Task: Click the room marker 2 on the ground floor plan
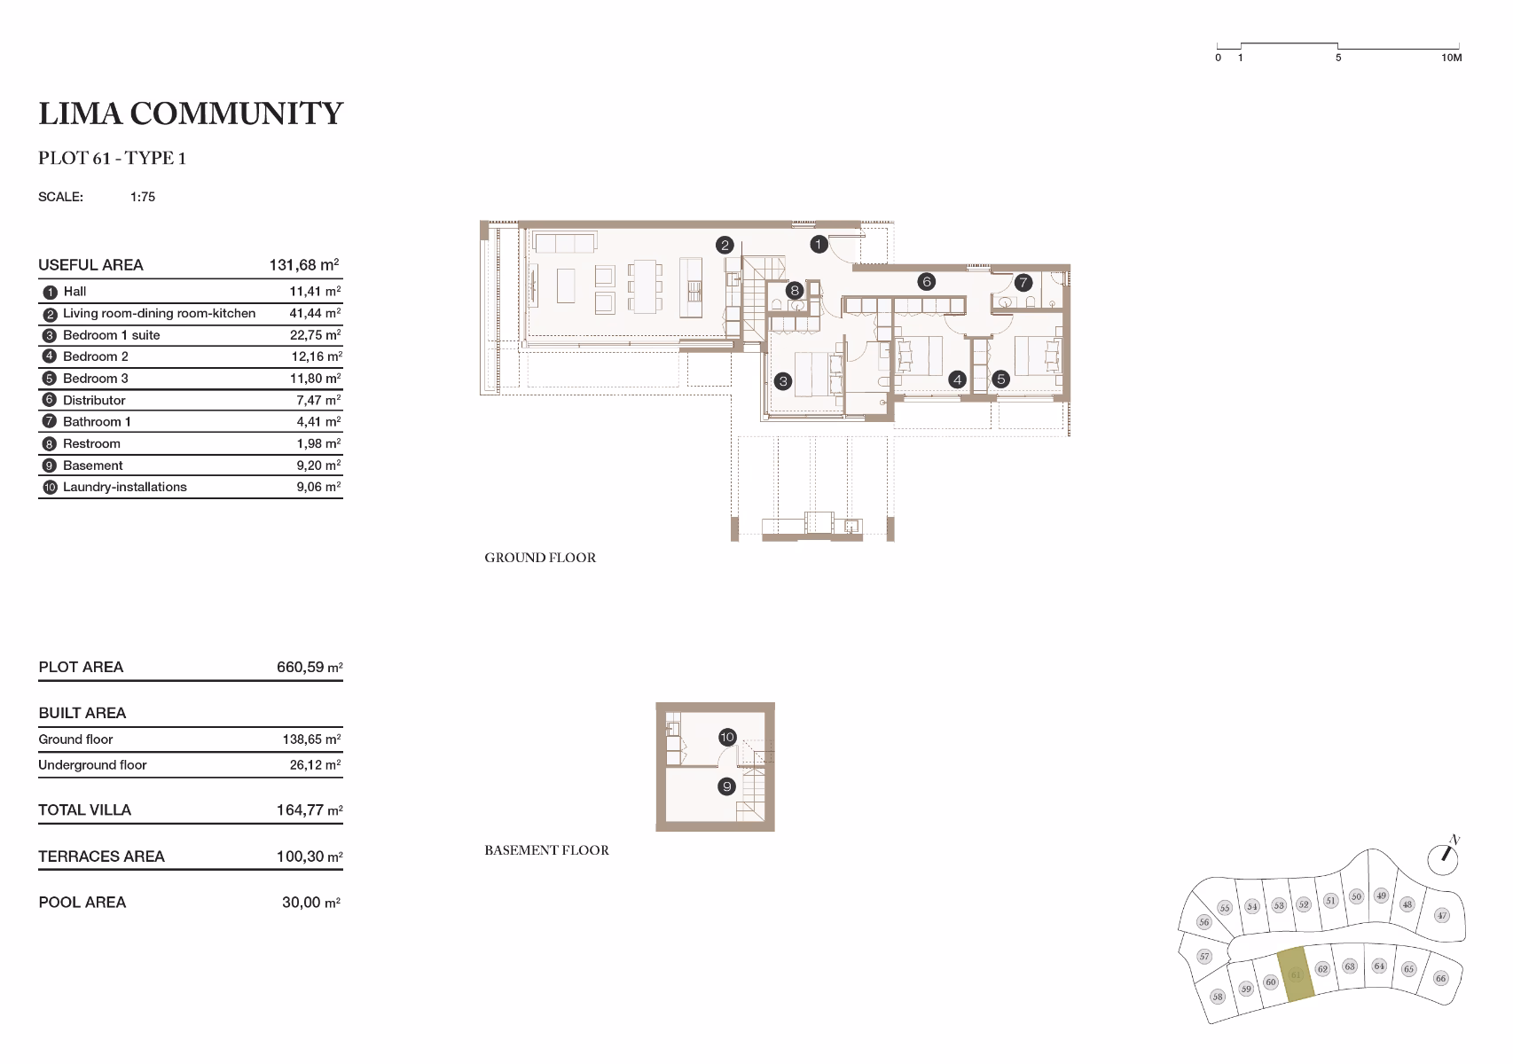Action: (x=725, y=245)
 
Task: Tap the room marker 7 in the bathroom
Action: (x=1023, y=282)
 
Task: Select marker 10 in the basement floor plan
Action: (x=726, y=737)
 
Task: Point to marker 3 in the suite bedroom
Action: (x=783, y=381)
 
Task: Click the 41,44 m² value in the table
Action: (x=316, y=313)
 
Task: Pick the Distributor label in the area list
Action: (x=94, y=401)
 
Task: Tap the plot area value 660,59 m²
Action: (x=310, y=667)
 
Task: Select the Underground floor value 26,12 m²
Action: (x=316, y=765)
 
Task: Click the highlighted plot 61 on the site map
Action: (x=1297, y=974)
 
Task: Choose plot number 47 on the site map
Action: (x=1442, y=915)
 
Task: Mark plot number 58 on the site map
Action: (x=1217, y=997)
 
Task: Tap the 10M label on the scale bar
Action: (x=1452, y=58)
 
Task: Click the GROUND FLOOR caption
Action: (x=540, y=558)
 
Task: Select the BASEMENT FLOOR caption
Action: (x=546, y=850)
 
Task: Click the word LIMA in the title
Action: (x=81, y=113)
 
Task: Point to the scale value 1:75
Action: (x=143, y=197)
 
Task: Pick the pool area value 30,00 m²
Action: (x=311, y=903)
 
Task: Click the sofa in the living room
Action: (x=565, y=242)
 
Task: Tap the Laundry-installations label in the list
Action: (x=125, y=487)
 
